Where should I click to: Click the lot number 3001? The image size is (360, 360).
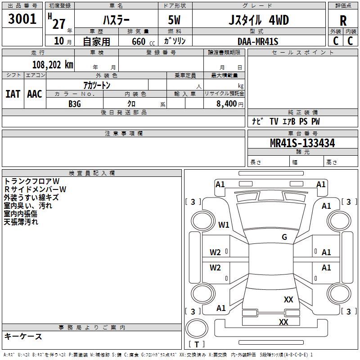(22, 18)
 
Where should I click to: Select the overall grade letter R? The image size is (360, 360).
(343, 21)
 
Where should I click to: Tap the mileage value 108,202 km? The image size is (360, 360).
(53, 65)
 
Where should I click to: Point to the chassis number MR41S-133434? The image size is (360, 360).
(302, 143)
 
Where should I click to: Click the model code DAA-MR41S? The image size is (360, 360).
(258, 41)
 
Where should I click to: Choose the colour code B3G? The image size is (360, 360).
(75, 104)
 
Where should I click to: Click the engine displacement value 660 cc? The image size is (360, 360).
(143, 41)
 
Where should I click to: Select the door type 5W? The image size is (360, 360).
(174, 20)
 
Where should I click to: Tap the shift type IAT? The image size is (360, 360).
(13, 94)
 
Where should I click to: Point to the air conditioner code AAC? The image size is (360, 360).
(35, 94)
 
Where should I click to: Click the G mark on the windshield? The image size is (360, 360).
(284, 237)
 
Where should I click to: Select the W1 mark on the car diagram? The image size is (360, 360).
(224, 225)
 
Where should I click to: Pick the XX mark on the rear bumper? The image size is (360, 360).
(283, 322)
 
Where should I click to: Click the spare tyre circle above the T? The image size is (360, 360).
(197, 328)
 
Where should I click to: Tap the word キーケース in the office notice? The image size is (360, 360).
(23, 336)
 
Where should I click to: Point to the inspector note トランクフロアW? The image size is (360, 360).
(31, 181)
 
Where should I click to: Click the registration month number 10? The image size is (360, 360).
(59, 41)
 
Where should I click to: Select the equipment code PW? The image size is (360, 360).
(315, 121)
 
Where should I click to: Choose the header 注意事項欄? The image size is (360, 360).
(124, 133)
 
